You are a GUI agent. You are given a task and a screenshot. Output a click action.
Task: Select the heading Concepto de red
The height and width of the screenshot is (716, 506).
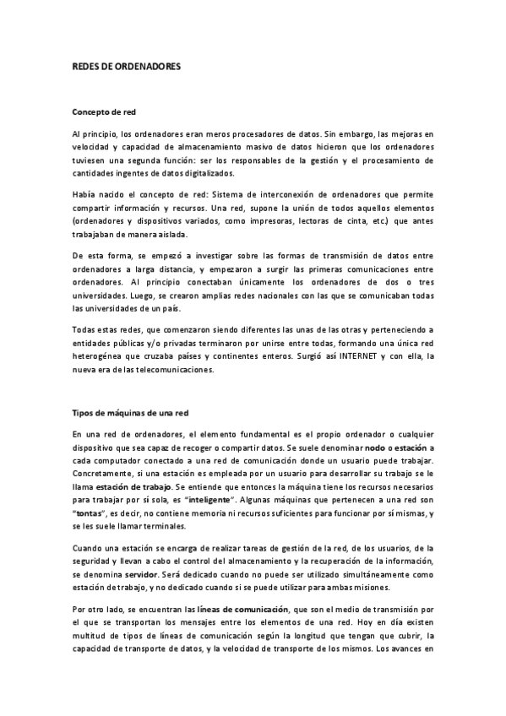[x=105, y=111]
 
